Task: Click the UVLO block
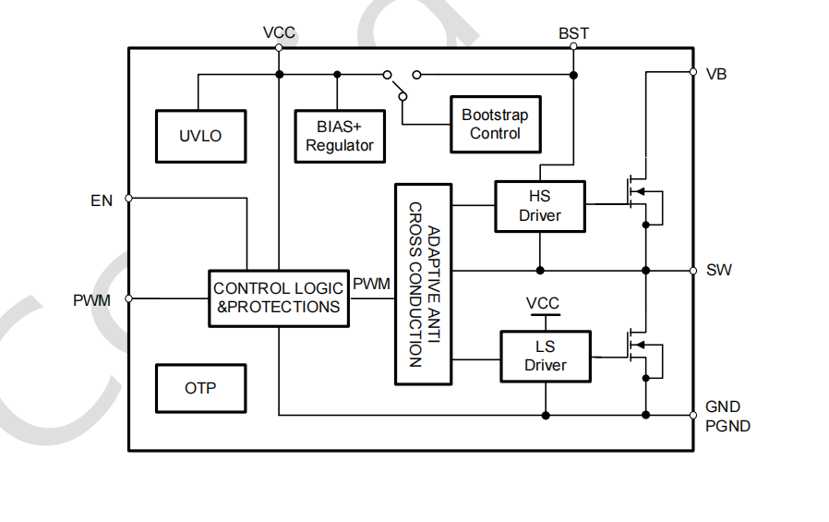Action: point(200,136)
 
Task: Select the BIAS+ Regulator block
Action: point(339,137)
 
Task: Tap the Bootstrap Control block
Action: point(495,125)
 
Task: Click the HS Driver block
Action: point(539,206)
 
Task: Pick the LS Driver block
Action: point(545,356)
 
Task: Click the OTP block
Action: point(200,388)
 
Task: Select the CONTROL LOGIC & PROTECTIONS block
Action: point(279,297)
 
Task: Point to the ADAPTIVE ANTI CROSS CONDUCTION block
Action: point(424,284)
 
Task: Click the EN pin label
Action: point(102,200)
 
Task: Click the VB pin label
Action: point(715,74)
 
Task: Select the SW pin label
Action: point(718,271)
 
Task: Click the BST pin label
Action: point(573,33)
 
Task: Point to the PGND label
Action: point(727,426)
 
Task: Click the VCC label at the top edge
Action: point(279,33)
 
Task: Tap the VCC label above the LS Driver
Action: point(543,303)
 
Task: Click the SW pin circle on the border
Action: point(693,271)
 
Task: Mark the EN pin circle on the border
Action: point(128,198)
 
